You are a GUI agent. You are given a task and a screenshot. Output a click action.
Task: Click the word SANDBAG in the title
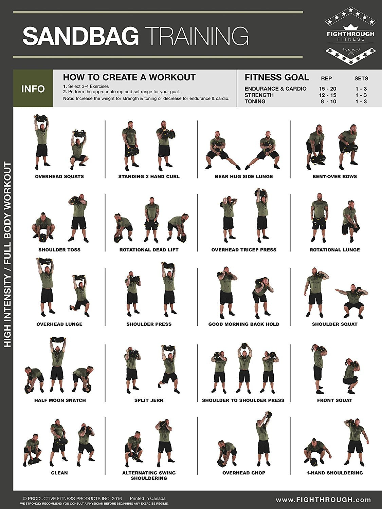coord(80,36)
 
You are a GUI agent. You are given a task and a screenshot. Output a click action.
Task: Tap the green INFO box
coord(33,89)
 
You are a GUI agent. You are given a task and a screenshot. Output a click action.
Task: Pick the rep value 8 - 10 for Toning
coord(328,101)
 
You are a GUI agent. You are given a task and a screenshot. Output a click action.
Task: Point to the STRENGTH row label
coord(259,95)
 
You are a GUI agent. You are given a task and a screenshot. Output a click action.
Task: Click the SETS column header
coord(361,78)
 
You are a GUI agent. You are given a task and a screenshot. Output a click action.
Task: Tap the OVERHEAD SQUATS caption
coord(59,176)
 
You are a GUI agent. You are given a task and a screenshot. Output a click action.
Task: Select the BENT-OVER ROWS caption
coord(334,176)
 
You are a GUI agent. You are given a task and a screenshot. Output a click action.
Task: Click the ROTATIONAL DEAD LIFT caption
coord(149,250)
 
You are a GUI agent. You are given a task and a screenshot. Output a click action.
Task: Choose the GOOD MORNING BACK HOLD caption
coord(244,324)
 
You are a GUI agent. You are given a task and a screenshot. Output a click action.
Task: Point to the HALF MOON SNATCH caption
coord(60,400)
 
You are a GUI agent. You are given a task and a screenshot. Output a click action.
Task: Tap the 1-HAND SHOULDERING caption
coord(334,473)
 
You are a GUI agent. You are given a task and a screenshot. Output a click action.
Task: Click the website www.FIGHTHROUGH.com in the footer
coord(323,499)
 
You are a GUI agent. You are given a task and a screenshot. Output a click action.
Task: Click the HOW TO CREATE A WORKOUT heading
coord(129,77)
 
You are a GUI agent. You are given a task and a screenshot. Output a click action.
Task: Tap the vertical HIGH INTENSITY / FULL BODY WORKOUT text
coord(7,254)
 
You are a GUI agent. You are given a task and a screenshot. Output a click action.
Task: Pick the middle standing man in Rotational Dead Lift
coord(151,219)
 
